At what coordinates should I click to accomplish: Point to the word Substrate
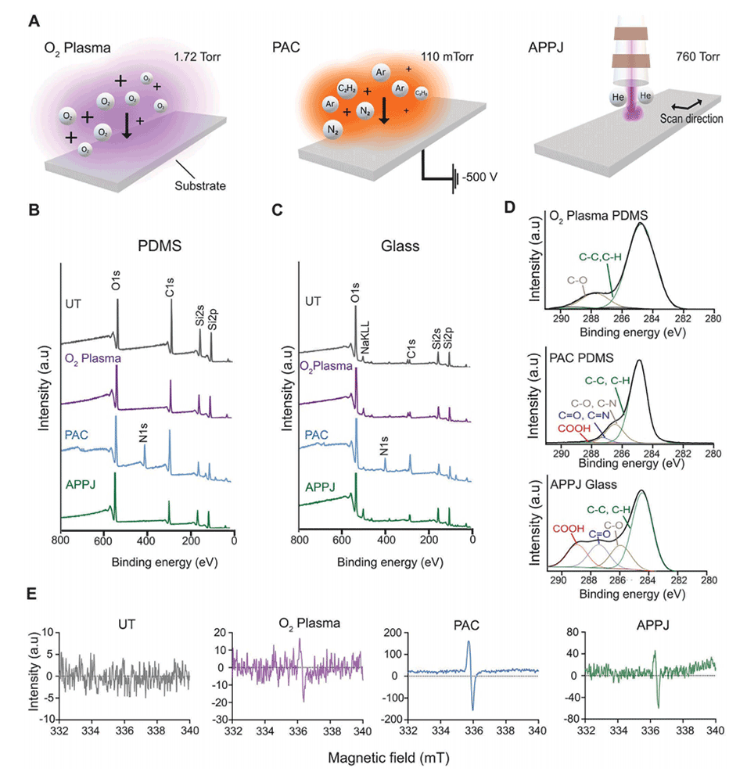[204, 186]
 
